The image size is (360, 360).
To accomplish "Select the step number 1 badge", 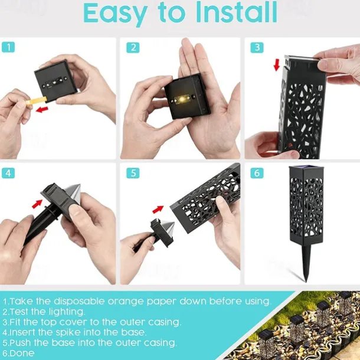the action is click(x=8, y=47).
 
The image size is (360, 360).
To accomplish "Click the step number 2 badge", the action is click(x=133, y=47).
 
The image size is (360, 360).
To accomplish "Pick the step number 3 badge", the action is click(x=257, y=47).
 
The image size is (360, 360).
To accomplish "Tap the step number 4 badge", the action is click(x=8, y=173).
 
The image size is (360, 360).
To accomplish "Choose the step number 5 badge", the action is click(x=133, y=173).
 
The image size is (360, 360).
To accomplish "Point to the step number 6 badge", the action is click(x=257, y=173).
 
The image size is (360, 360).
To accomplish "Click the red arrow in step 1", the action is click(x=42, y=109).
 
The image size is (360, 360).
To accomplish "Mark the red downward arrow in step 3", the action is click(x=277, y=65).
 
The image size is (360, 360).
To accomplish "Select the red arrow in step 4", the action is click(x=37, y=204).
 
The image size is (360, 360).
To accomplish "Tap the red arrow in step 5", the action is click(x=158, y=209).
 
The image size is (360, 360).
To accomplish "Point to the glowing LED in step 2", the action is click(x=182, y=99).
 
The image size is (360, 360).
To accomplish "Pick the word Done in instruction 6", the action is click(x=22, y=353).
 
